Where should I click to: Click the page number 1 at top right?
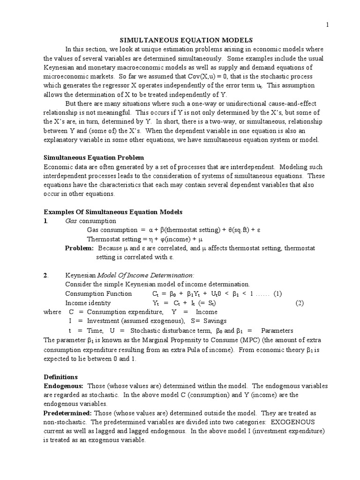pos(328,25)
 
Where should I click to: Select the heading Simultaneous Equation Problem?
pos(94,157)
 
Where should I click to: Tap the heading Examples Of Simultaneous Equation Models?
pos(113,212)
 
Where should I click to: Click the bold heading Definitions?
pos(60,377)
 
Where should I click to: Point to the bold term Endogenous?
pos(63,386)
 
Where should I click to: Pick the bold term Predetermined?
pos(68,413)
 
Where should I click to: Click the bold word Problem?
pos(79,248)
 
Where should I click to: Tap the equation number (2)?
pos(300,303)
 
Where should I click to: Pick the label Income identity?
pos(88,303)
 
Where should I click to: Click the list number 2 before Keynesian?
pos(46,275)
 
